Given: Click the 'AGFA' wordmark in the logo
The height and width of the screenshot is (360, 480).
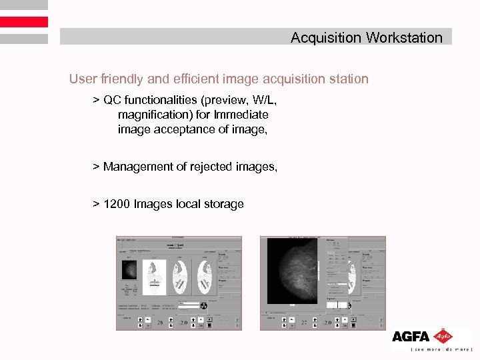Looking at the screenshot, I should pos(411,337).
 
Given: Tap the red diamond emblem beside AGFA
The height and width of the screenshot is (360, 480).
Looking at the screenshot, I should pos(442,336).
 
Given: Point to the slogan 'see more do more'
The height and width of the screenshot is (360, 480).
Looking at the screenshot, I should pos(441,349).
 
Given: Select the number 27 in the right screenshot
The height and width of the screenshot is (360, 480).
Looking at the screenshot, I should pos(304,323).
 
